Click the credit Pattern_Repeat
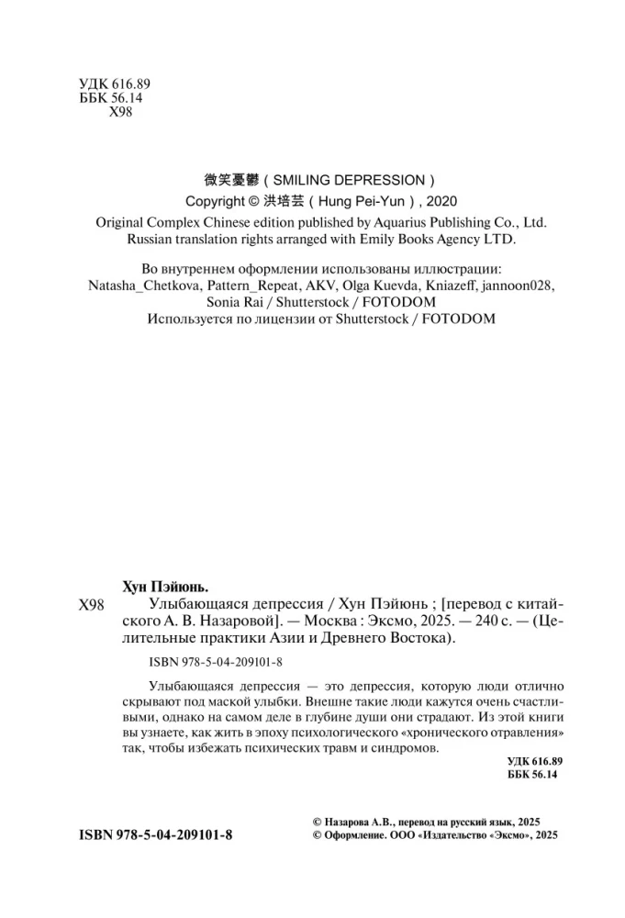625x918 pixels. (x=241, y=285)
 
